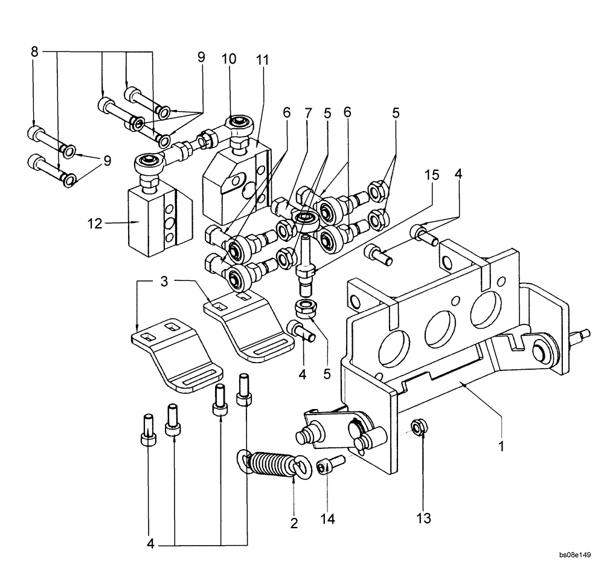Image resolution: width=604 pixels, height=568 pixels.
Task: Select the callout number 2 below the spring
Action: click(294, 523)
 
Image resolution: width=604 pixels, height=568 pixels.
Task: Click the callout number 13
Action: click(422, 518)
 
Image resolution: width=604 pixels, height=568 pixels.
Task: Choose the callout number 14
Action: click(328, 518)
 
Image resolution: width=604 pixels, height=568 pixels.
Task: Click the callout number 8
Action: click(35, 53)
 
